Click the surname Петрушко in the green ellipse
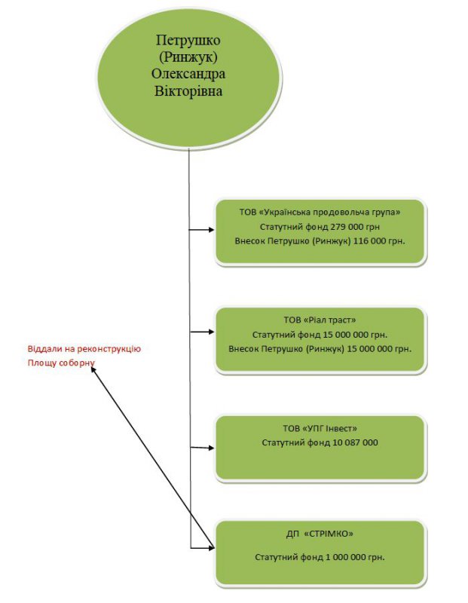188,41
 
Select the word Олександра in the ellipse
188,75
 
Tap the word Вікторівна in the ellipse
188,92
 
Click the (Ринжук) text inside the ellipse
188,59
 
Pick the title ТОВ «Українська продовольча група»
320,212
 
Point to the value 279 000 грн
355,226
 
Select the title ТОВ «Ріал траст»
320,320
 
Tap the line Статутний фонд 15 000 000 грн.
320,334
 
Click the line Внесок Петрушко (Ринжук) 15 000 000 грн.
320,348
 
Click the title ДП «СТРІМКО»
320,534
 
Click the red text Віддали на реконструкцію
84,349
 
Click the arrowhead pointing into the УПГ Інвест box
211,448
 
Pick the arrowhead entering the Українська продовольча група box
211,230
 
